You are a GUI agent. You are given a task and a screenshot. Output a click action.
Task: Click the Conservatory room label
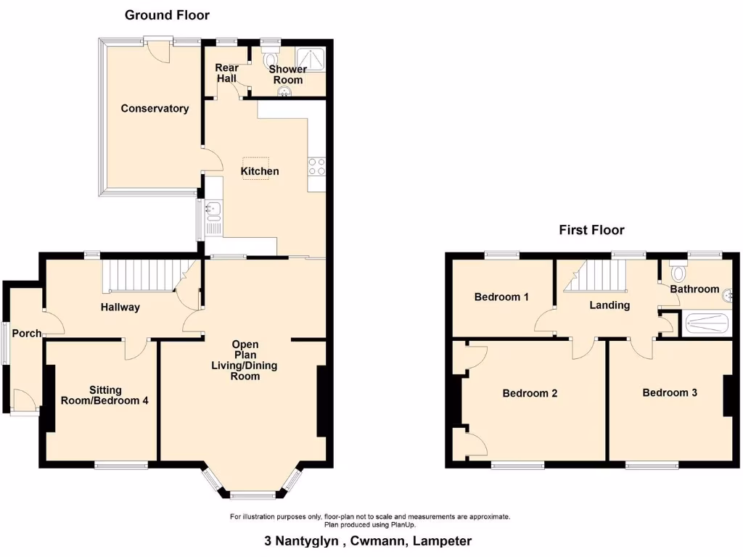pos(155,109)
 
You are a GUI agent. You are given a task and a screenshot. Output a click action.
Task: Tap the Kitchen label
pos(260,171)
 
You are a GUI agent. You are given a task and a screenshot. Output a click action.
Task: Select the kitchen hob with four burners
pos(317,167)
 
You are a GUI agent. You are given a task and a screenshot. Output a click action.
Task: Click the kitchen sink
pos(213,211)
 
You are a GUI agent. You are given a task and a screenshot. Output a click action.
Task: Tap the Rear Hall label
pos(226,73)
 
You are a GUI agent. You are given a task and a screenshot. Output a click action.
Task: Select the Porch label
pos(26,333)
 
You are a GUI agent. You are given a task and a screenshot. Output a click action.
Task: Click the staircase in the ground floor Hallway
pos(138,276)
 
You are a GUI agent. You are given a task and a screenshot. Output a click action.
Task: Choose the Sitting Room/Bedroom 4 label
pos(104,395)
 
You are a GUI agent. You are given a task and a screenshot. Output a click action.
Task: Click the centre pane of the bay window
pos(253,496)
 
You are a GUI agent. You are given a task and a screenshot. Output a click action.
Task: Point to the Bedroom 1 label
pos(501,297)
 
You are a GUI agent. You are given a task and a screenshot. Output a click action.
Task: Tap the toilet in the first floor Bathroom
pos(679,272)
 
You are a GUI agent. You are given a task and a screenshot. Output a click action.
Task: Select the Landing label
pos(609,305)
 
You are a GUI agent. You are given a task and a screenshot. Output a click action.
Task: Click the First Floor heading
pos(591,230)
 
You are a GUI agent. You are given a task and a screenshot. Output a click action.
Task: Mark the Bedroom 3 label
pos(670,392)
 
